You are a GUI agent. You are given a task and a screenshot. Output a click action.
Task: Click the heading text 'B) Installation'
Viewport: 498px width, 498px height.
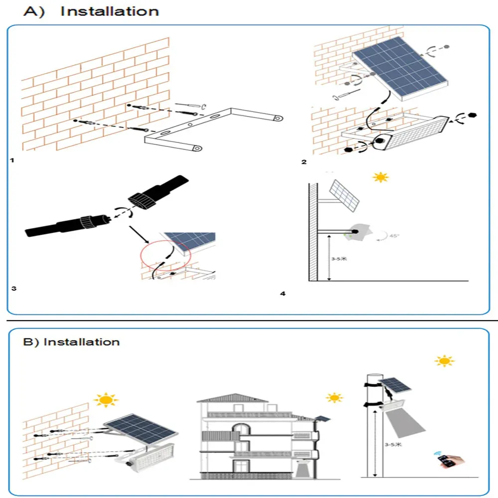point(72,342)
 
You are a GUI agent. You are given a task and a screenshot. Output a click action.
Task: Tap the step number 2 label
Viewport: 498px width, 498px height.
point(304,162)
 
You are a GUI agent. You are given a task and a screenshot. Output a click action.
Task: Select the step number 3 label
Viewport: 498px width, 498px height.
point(13,288)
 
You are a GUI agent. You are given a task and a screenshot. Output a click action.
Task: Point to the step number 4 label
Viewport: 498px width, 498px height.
point(283,294)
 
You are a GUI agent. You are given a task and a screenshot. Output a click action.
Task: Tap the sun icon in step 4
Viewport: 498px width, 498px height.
point(381,177)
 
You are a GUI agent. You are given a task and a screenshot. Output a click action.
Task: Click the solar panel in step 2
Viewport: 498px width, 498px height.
point(398,70)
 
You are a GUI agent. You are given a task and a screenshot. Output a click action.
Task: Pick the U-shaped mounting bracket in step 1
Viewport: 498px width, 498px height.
point(209,129)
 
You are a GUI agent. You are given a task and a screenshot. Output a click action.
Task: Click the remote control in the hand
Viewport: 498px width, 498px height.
point(446,462)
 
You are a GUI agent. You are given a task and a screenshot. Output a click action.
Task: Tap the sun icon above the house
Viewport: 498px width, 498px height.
point(334,398)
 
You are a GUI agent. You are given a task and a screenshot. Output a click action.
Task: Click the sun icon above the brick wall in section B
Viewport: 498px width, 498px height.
point(106,399)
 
